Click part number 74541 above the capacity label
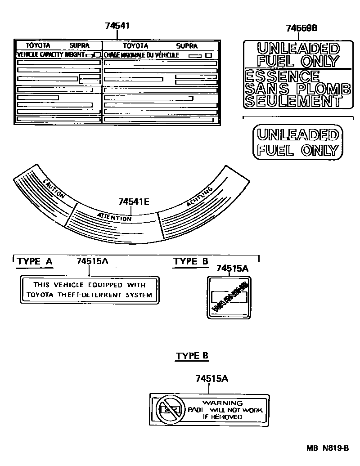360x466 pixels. click(x=117, y=26)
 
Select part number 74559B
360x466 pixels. click(x=301, y=28)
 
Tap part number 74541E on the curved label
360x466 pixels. click(x=134, y=202)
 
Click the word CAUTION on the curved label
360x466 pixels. click(x=54, y=189)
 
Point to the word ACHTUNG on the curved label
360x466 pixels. click(x=199, y=198)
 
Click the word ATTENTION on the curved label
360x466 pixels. click(x=114, y=216)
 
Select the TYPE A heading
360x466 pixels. click(x=35, y=262)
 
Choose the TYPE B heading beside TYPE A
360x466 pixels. click(x=191, y=262)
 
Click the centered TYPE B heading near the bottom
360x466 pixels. click(x=192, y=356)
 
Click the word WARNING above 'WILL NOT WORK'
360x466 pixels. click(x=222, y=403)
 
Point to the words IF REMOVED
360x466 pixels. click(x=222, y=417)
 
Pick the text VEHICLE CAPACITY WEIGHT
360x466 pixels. click(x=50, y=54)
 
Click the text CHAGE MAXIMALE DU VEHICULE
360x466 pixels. click(x=141, y=55)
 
